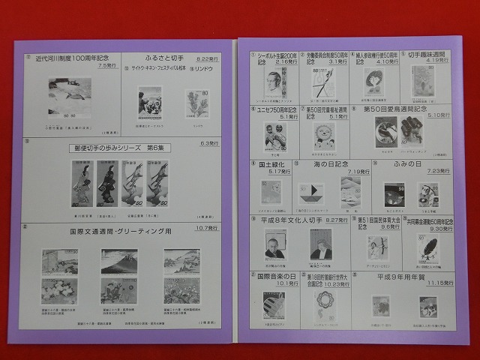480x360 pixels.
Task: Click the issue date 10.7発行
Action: tap(207, 226)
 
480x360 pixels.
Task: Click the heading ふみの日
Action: tap(407, 165)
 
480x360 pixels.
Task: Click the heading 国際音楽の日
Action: tap(277, 275)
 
